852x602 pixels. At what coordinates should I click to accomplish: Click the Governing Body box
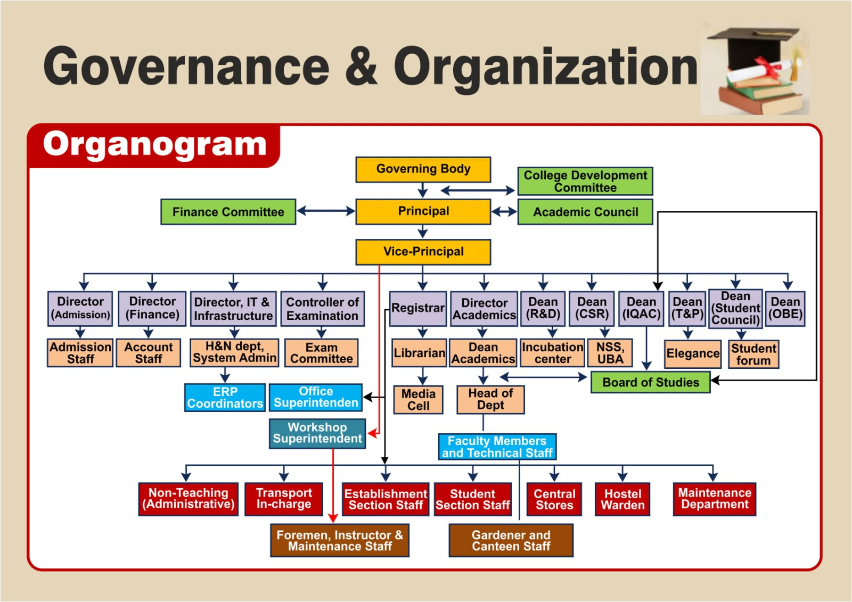tap(423, 170)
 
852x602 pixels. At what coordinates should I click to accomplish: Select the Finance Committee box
tap(228, 212)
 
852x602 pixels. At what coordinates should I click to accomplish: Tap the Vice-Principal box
tap(423, 252)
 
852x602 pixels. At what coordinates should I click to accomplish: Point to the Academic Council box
tap(585, 212)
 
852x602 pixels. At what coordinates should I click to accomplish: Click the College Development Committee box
tap(585, 182)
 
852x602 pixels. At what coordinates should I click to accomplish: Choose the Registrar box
tap(417, 309)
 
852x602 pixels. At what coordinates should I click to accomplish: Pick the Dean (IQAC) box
tap(641, 309)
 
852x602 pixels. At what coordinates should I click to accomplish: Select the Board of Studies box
tap(650, 382)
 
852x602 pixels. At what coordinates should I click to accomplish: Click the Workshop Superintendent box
tap(317, 433)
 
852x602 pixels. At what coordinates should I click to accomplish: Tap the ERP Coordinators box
tap(225, 398)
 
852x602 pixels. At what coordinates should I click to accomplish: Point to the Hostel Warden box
tap(622, 499)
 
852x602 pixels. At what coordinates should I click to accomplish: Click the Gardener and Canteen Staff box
tap(511, 540)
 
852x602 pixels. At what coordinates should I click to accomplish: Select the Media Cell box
tap(418, 400)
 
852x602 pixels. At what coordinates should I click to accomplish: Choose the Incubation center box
tap(552, 353)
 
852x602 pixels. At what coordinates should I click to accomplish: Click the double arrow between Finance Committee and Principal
tap(326, 211)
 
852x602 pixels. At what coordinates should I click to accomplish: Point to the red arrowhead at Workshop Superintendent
tap(373, 433)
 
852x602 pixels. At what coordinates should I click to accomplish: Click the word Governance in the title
tap(186, 67)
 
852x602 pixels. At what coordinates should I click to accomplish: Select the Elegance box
tap(693, 354)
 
